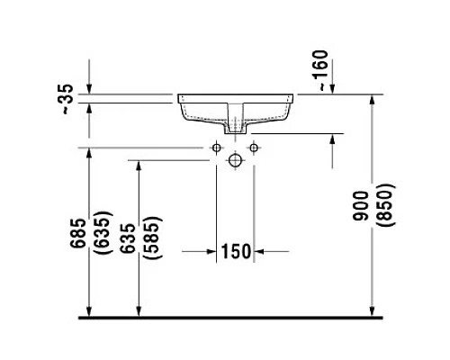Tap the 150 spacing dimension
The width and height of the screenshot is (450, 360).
[x=235, y=252]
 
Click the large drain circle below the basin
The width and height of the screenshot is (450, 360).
[x=235, y=160]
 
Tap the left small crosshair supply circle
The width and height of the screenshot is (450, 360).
[x=217, y=146]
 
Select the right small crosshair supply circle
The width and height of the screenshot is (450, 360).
[x=253, y=146]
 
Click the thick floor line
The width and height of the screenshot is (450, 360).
[x=234, y=318]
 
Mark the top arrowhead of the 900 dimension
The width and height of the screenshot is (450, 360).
[x=373, y=99]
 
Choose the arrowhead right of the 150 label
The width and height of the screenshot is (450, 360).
[x=258, y=252]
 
